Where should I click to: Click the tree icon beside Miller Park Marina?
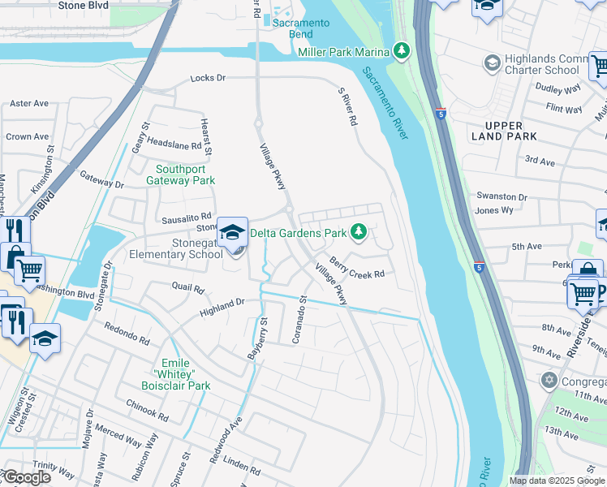point(401,51)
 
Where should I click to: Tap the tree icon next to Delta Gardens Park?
point(358,233)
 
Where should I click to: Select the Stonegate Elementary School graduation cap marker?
point(232,233)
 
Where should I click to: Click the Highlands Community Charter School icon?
point(491,63)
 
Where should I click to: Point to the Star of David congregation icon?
point(549,380)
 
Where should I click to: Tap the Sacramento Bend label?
point(301,28)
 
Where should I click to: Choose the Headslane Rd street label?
point(174,144)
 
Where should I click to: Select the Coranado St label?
point(298,319)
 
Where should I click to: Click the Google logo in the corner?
point(26,477)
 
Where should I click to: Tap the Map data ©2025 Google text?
point(557,481)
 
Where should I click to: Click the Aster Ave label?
point(29,104)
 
